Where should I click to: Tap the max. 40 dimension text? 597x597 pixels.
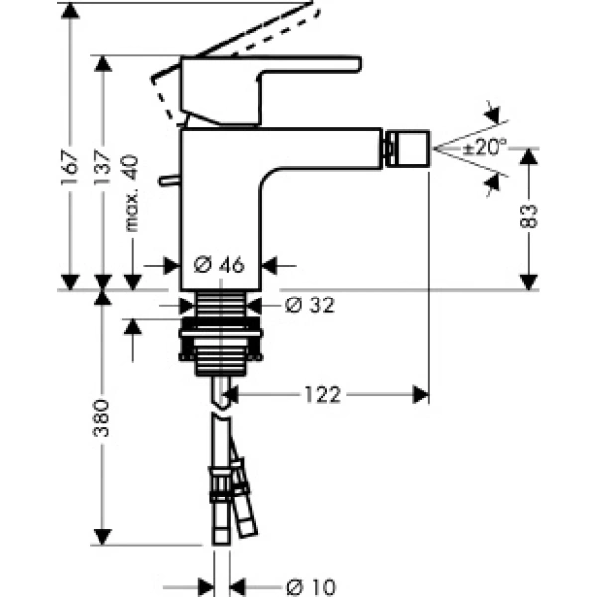click(133, 193)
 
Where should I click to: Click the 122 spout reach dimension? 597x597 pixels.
click(323, 395)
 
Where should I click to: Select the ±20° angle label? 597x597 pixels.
click(485, 147)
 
